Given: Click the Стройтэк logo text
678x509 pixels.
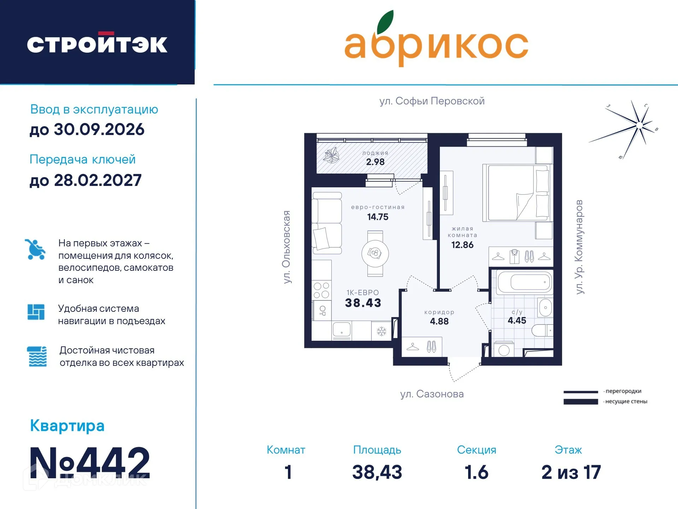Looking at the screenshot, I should point(97,44).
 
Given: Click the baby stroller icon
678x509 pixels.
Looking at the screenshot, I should point(35,250).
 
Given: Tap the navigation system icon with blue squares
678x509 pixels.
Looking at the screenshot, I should point(36,312).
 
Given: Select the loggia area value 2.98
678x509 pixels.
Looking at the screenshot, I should point(375,162).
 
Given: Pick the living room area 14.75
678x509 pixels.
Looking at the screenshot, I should point(378,217).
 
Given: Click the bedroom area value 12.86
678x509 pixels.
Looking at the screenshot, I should point(462,245).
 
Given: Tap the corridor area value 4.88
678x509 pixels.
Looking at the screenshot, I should point(439,321).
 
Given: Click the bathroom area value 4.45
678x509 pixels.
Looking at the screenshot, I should point(517,321).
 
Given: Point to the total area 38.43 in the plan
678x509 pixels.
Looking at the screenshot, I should point(363,303).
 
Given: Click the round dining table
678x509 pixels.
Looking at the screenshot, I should point(375,253).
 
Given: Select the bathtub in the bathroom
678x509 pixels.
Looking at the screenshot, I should point(524,282).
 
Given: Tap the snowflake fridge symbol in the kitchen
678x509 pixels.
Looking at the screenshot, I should point(381,331).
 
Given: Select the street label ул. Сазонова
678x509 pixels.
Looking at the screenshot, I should point(432,394).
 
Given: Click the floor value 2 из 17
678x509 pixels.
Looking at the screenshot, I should point(571,472).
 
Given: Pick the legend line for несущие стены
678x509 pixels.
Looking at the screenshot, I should point(580,402).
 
